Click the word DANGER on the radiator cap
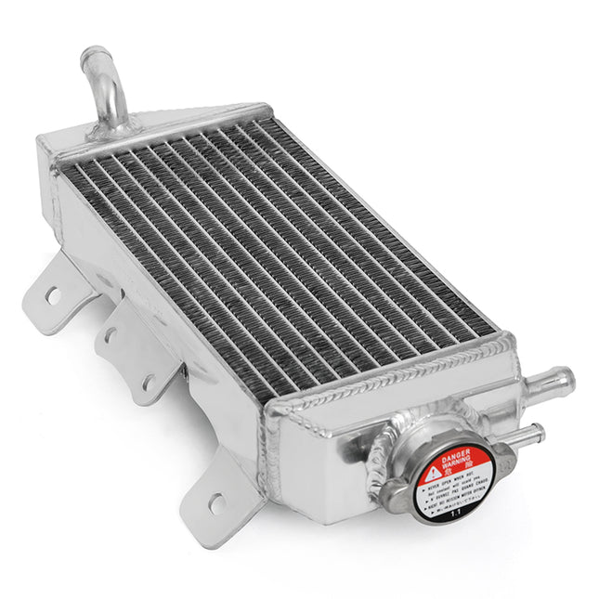pyautogui.click(x=455, y=454)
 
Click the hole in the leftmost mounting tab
pyautogui.click(x=53, y=296)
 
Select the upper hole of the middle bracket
pyautogui.click(x=111, y=333)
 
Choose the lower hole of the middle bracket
pyautogui.click(x=147, y=381)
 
